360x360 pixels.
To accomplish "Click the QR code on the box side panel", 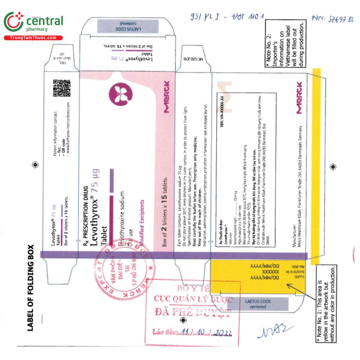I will coord(61,88).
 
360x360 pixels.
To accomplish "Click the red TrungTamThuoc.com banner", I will coord(33,38).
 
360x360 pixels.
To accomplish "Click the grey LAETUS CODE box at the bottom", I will coord(258,304).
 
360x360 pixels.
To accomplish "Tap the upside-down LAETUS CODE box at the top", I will coord(128,26).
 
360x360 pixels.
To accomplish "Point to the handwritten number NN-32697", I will coord(332,19).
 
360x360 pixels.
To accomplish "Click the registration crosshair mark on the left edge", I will coord(35,164).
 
